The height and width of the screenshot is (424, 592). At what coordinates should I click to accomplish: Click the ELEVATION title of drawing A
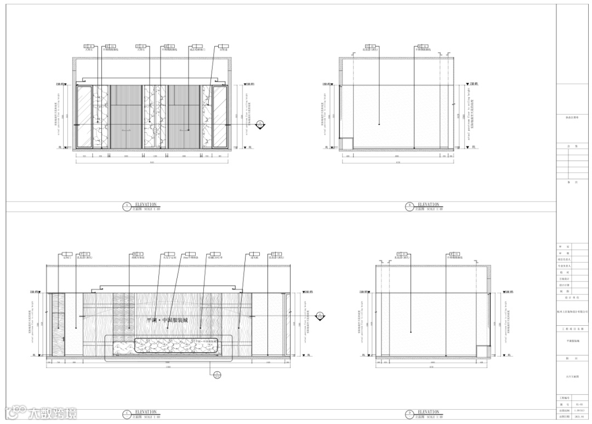coord(146,205)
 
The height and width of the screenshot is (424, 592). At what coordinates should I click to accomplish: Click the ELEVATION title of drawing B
coord(429,205)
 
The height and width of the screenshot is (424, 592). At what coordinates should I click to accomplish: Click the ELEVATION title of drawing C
coord(146,412)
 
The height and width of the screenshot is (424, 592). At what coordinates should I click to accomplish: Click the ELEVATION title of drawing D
coord(429,412)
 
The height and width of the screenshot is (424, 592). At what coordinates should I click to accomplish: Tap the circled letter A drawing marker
coord(127,207)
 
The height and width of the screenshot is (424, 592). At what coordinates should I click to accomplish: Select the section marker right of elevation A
coord(260,125)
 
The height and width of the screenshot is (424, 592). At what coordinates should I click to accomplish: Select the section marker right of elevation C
coord(320,316)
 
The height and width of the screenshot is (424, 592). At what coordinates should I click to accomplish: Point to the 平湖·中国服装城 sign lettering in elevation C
coord(167,319)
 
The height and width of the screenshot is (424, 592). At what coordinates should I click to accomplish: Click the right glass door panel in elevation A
coord(220,116)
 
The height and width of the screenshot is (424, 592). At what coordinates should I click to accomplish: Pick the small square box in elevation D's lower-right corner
coord(483,351)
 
